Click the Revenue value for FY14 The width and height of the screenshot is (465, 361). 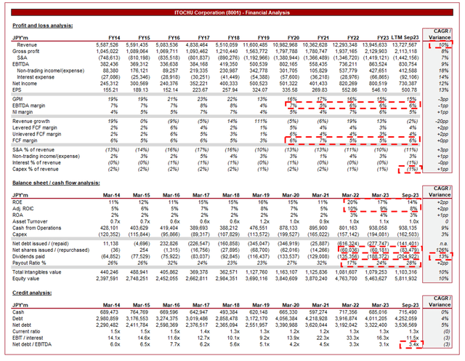pos(107,45)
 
